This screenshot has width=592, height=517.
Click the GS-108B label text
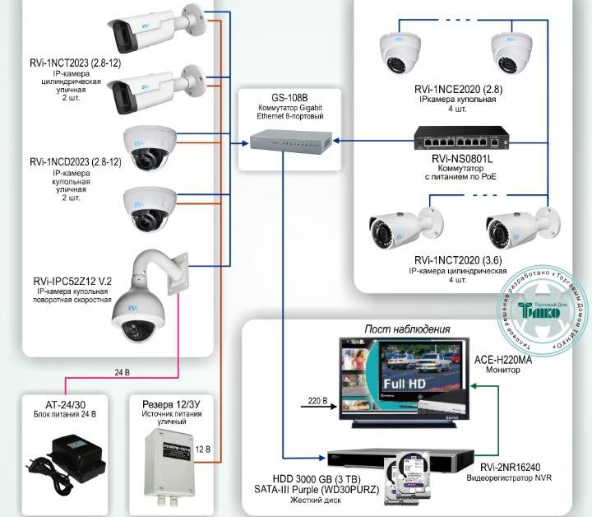click(x=280, y=96)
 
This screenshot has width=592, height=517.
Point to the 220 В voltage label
click(x=317, y=401)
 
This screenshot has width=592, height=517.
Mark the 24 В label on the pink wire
click(x=122, y=373)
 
